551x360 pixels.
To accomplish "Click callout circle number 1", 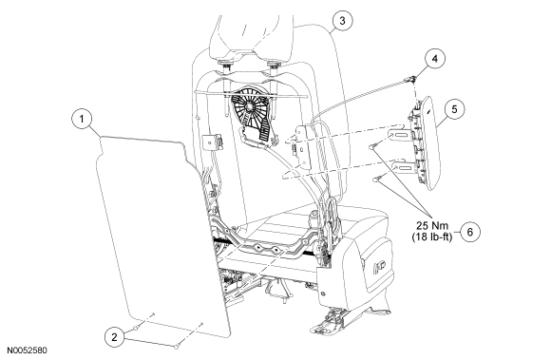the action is [x=82, y=119].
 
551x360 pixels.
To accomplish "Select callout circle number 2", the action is [x=115, y=337].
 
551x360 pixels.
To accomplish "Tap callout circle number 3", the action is [x=342, y=21].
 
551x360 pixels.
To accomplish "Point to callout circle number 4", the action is [x=435, y=59].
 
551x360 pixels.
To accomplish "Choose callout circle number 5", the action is [x=454, y=109].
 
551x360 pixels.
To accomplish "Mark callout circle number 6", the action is [x=470, y=232].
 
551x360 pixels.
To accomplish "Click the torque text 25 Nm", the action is [x=432, y=225].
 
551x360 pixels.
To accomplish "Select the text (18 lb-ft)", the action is [x=432, y=237].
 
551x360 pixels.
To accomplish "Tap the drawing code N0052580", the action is [x=27, y=351].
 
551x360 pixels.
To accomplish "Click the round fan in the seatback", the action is [x=249, y=104].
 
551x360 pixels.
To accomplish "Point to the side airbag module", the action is [x=425, y=142].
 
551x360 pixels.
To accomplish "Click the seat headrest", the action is [x=251, y=38].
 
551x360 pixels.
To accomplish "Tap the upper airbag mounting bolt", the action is [x=373, y=145].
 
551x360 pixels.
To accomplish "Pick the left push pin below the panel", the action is [x=137, y=328].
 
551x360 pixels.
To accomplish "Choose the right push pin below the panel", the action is [x=177, y=347].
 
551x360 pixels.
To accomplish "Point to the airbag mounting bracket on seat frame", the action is [x=302, y=147].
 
